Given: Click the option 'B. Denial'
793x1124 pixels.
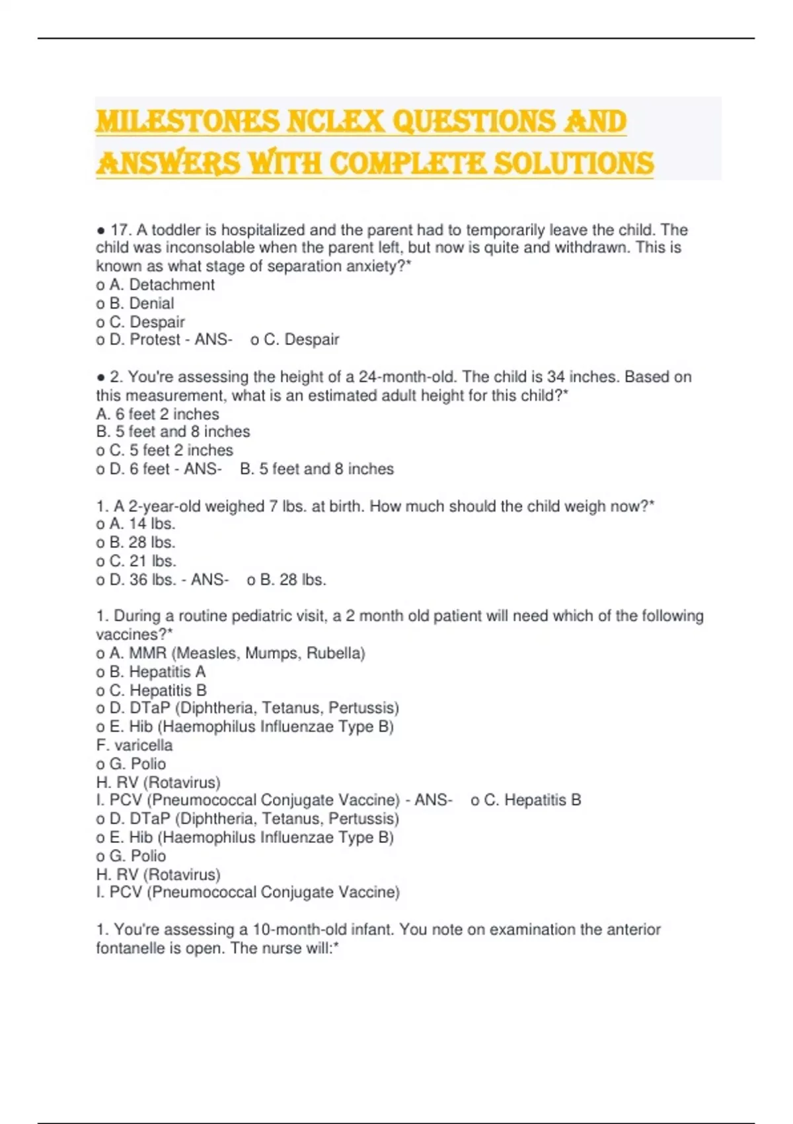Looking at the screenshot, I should pos(135,303).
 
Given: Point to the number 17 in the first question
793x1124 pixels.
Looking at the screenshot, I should pos(119,230).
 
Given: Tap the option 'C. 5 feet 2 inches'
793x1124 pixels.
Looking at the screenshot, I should pos(165,450).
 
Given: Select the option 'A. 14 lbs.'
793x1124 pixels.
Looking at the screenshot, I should pos(135,524).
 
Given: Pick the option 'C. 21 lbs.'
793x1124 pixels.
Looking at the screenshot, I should pos(136,561).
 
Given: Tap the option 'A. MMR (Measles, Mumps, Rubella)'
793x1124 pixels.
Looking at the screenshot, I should pos(231,653).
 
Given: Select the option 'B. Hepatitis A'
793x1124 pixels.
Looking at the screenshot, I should pos(151,672).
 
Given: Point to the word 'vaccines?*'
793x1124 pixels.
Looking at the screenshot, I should pos(134,635).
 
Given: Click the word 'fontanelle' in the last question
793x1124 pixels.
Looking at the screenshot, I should pos(127,948).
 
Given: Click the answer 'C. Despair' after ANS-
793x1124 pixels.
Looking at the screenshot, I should pos(301,340).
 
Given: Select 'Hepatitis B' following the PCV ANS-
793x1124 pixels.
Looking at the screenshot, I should pos(542,800).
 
